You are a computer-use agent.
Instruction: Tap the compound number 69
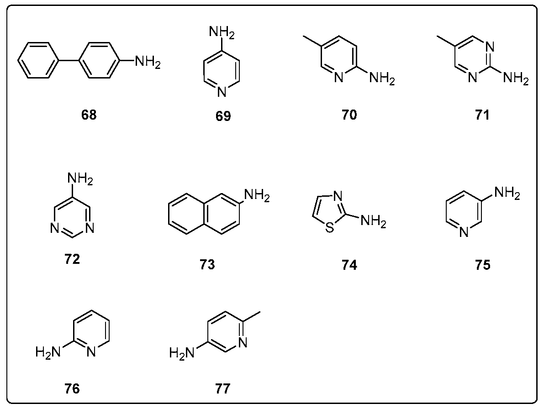point(223,116)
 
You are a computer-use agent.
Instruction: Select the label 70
point(349,115)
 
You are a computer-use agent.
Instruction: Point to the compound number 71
point(482,115)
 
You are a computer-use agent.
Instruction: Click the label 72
point(72,260)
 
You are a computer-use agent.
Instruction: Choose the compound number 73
point(207,264)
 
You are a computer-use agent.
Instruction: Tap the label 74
point(349,265)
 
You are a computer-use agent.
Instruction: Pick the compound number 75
point(482,265)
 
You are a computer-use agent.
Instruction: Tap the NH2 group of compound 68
point(147,61)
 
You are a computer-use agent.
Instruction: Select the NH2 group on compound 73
point(257,196)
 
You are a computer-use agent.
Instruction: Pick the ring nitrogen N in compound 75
point(464,233)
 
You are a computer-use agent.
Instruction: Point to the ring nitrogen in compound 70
point(339,78)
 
